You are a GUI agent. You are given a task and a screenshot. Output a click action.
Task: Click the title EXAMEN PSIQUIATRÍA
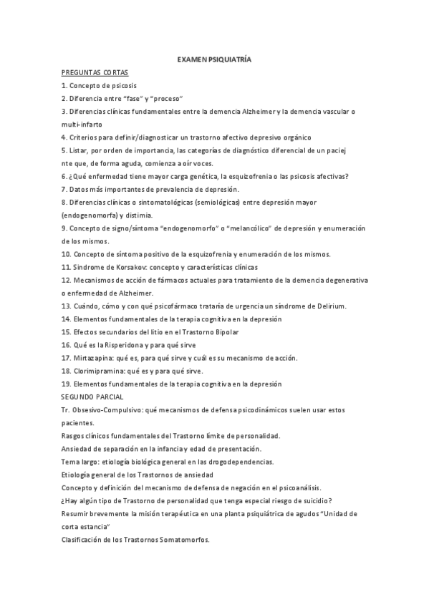pyautogui.click(x=214, y=59)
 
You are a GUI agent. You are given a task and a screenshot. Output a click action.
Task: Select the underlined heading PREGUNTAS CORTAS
pyautogui.click(x=95, y=73)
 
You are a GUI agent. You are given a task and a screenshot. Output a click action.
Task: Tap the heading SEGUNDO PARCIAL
pyautogui.click(x=92, y=397)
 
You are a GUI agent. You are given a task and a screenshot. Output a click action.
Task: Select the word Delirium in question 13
pyautogui.click(x=329, y=306)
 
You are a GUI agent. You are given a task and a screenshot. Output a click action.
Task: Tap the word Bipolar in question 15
pyautogui.click(x=226, y=332)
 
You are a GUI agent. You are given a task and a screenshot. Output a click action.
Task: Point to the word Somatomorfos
pyautogui.click(x=185, y=539)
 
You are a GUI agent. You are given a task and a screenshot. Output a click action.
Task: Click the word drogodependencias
pyautogui.click(x=250, y=461)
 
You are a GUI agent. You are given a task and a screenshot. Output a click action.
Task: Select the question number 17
pyautogui.click(x=66, y=358)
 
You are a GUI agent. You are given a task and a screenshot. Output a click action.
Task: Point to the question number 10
pyautogui.click(x=66, y=254)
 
